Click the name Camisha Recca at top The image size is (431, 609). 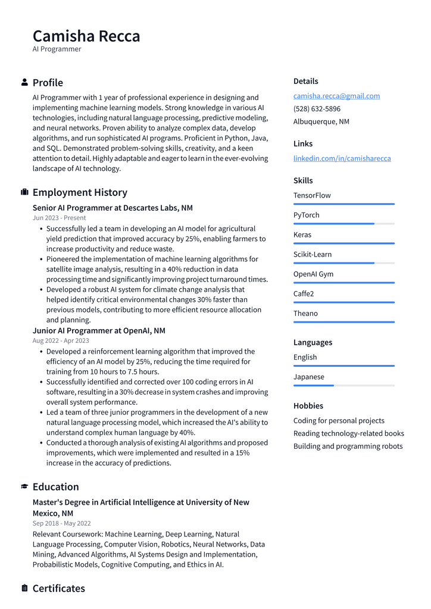86,36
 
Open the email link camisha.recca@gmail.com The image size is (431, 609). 336,96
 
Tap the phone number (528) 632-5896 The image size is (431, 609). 317,109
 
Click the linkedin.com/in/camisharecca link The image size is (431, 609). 342,158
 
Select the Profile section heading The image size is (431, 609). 48,83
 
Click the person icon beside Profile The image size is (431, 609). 24,82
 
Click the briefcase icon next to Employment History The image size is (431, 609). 24,192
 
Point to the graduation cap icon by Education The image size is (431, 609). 24,486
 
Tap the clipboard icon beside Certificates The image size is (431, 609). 24,588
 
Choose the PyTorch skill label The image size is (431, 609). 306,215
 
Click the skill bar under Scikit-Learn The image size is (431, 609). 343,263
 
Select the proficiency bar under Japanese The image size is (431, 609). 343,385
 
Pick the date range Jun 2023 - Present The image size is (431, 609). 59,218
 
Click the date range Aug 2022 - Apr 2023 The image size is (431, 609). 61,341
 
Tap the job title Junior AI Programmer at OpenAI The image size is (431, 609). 99,330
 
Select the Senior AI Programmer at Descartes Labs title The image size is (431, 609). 113,208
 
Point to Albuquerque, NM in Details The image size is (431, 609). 321,121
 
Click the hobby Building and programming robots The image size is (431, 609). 348,446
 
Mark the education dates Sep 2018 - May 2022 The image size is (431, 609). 61,523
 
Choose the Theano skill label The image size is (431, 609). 305,313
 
